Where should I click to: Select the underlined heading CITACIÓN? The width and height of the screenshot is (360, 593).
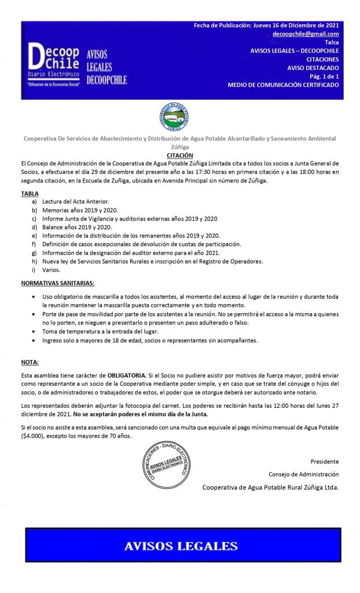pyautogui.click(x=179, y=156)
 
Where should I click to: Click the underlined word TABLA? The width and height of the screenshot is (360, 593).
pyautogui.click(x=30, y=193)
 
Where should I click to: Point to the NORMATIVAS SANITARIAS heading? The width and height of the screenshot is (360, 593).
pyautogui.click(x=57, y=283)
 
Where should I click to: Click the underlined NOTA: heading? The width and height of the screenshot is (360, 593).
pyautogui.click(x=30, y=362)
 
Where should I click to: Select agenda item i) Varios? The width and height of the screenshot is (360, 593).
pyautogui.click(x=51, y=270)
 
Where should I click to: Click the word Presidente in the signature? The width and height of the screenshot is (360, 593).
pyautogui.click(x=324, y=462)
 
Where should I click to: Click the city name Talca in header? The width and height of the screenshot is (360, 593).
pyautogui.click(x=332, y=42)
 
